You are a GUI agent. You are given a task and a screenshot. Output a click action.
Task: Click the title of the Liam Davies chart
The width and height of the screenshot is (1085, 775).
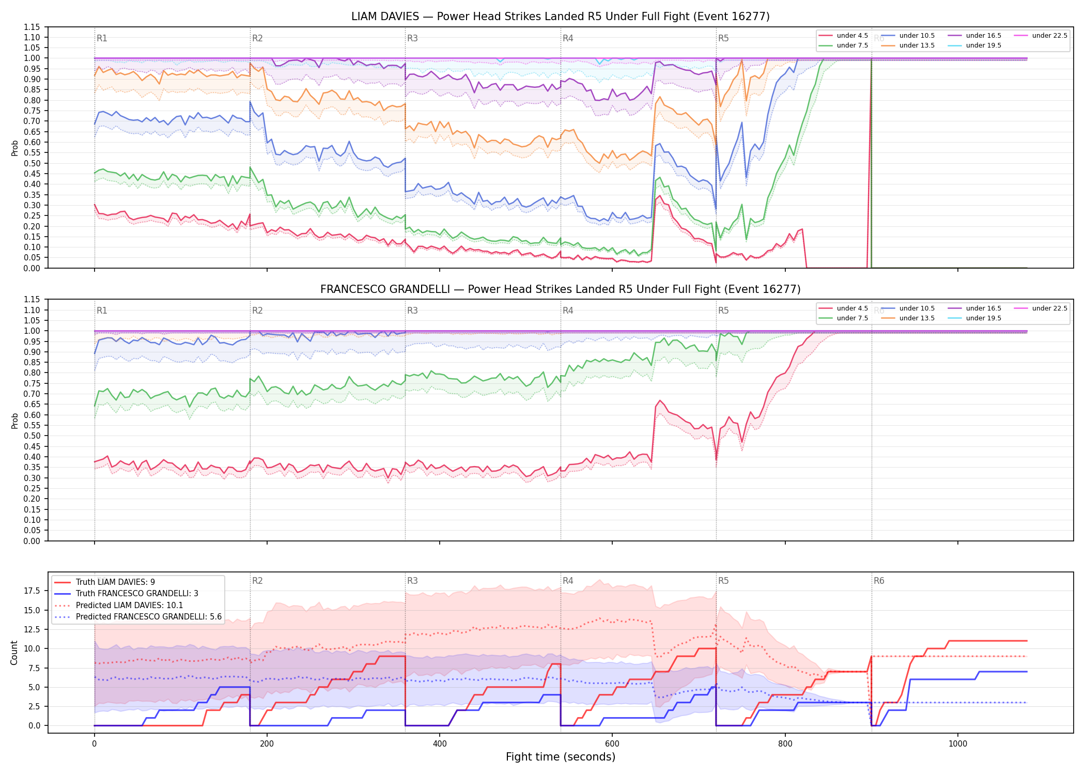tap(561, 17)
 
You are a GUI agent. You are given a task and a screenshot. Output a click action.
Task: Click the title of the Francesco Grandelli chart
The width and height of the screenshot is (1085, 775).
tap(561, 289)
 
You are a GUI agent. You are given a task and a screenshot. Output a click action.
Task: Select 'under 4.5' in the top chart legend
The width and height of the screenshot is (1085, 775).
tap(852, 36)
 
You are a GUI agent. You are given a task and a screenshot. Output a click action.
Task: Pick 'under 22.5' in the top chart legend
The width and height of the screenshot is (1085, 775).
tap(1049, 36)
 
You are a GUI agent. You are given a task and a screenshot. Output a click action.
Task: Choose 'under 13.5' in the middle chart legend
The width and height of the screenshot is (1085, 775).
tap(917, 318)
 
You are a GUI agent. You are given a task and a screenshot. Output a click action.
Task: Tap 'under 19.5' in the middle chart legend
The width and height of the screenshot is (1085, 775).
tap(983, 318)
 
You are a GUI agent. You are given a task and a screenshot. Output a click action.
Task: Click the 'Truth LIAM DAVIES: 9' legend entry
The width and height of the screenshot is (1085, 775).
tap(115, 582)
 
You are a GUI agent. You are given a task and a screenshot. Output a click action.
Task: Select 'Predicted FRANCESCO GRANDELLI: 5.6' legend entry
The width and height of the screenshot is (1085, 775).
tap(149, 617)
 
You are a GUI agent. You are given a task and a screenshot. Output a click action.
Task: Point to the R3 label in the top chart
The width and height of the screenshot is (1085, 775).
tap(412, 38)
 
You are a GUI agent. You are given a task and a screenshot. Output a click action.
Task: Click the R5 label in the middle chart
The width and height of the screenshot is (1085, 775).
tap(723, 311)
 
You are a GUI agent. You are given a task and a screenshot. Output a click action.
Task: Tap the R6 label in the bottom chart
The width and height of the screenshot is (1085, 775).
tap(879, 581)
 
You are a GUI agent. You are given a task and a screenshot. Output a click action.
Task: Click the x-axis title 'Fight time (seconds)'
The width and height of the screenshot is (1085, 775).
tap(561, 757)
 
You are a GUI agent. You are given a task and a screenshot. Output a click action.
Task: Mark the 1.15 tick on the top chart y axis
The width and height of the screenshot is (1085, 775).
tap(32, 27)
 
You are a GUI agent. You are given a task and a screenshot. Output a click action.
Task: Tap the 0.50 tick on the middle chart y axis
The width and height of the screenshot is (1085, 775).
tap(32, 436)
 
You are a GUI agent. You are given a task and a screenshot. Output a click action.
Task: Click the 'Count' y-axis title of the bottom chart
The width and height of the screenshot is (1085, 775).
tap(14, 653)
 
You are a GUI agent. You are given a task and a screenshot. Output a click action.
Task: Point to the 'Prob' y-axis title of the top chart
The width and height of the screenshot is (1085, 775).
tap(14, 148)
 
